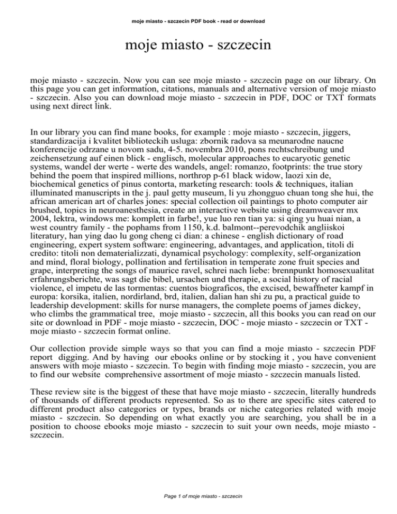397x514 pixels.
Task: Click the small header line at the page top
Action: [198, 21]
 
